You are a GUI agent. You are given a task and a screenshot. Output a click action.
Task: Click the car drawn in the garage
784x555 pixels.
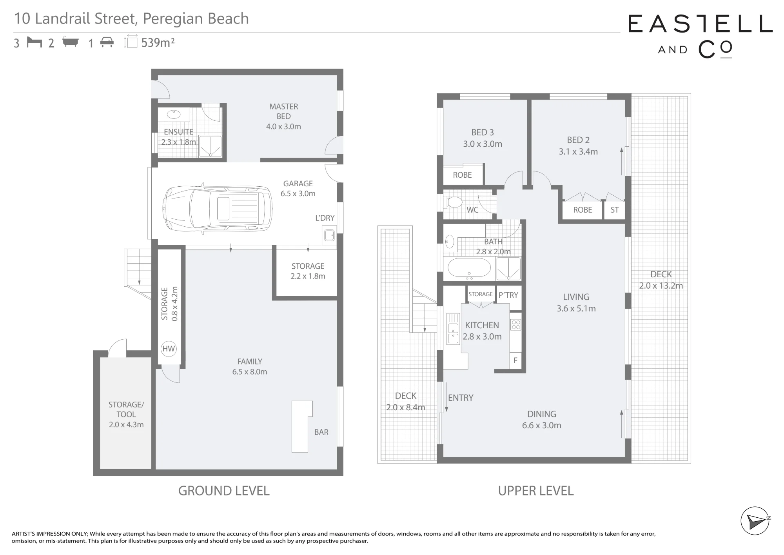click(218, 209)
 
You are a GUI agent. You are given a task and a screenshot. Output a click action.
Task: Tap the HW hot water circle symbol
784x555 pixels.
click(169, 349)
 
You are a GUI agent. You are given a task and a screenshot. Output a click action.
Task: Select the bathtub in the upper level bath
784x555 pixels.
click(469, 269)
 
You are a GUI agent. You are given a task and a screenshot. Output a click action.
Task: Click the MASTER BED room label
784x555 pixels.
click(283, 111)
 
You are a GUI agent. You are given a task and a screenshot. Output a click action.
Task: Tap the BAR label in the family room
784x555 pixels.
click(321, 432)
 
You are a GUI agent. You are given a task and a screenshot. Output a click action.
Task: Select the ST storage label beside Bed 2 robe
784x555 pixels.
click(614, 210)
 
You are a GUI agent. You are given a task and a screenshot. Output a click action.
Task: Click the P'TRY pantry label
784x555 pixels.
click(508, 295)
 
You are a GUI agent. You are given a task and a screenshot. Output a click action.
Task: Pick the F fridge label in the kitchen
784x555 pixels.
click(515, 360)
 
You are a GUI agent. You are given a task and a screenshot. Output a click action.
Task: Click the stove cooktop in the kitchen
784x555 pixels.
click(516, 324)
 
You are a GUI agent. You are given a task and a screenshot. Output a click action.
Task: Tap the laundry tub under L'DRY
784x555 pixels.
click(329, 235)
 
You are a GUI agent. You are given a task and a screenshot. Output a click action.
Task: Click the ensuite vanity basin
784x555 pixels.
click(173, 114)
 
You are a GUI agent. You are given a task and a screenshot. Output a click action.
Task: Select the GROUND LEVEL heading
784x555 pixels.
click(224, 491)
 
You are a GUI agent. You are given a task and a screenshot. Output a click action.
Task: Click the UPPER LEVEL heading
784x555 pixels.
click(536, 491)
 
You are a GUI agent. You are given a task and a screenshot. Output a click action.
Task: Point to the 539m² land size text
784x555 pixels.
click(158, 42)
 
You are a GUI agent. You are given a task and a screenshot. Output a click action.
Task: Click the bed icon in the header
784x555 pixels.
click(34, 42)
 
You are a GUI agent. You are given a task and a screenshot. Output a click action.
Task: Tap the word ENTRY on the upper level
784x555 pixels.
click(461, 398)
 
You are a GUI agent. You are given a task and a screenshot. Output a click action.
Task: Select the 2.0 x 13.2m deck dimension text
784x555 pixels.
click(661, 286)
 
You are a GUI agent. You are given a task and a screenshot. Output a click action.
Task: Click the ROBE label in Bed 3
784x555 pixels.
click(462, 175)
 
